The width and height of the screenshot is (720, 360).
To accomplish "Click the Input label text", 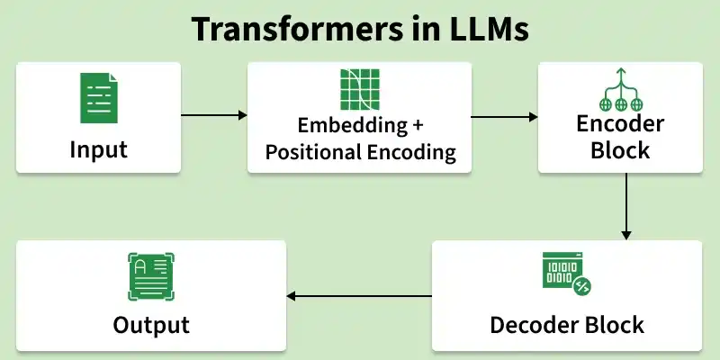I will tap(98, 148).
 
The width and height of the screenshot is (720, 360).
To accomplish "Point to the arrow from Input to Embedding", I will tap(213, 115).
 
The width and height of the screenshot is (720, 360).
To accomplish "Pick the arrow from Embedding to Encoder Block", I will tap(505, 116).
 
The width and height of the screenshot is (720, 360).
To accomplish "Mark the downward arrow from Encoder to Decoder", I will tap(626, 206).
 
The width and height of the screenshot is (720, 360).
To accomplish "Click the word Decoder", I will tap(534, 323).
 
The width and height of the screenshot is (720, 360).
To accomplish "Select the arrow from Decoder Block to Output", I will tap(359, 296).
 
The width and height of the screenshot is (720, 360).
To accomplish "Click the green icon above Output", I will tap(151, 277).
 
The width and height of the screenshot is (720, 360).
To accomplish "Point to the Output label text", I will tap(151, 324).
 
